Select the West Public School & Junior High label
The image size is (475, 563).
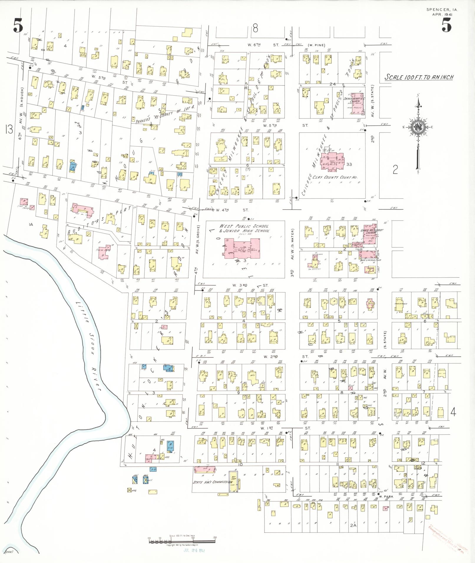point(244,228)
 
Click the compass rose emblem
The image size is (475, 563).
point(417,127)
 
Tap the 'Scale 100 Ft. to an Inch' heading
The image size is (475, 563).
point(419,77)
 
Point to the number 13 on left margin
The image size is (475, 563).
point(9,129)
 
